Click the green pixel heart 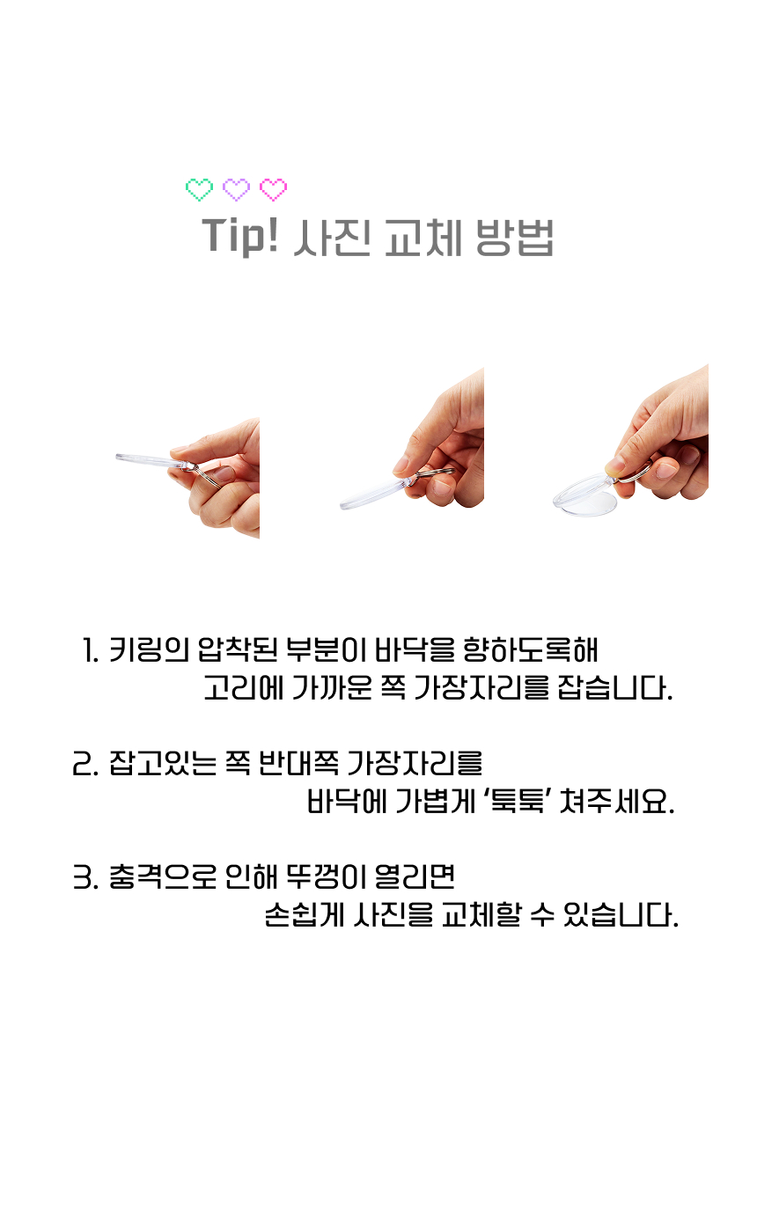coord(199,190)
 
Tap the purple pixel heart coord(236,190)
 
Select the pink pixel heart coord(273,190)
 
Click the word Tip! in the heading coord(240,236)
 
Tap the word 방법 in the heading coord(514,238)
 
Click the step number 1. coord(90,650)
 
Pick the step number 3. coord(85,877)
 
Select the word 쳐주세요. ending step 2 coord(617,802)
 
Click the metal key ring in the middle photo coord(435,473)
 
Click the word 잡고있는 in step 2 coord(162,764)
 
